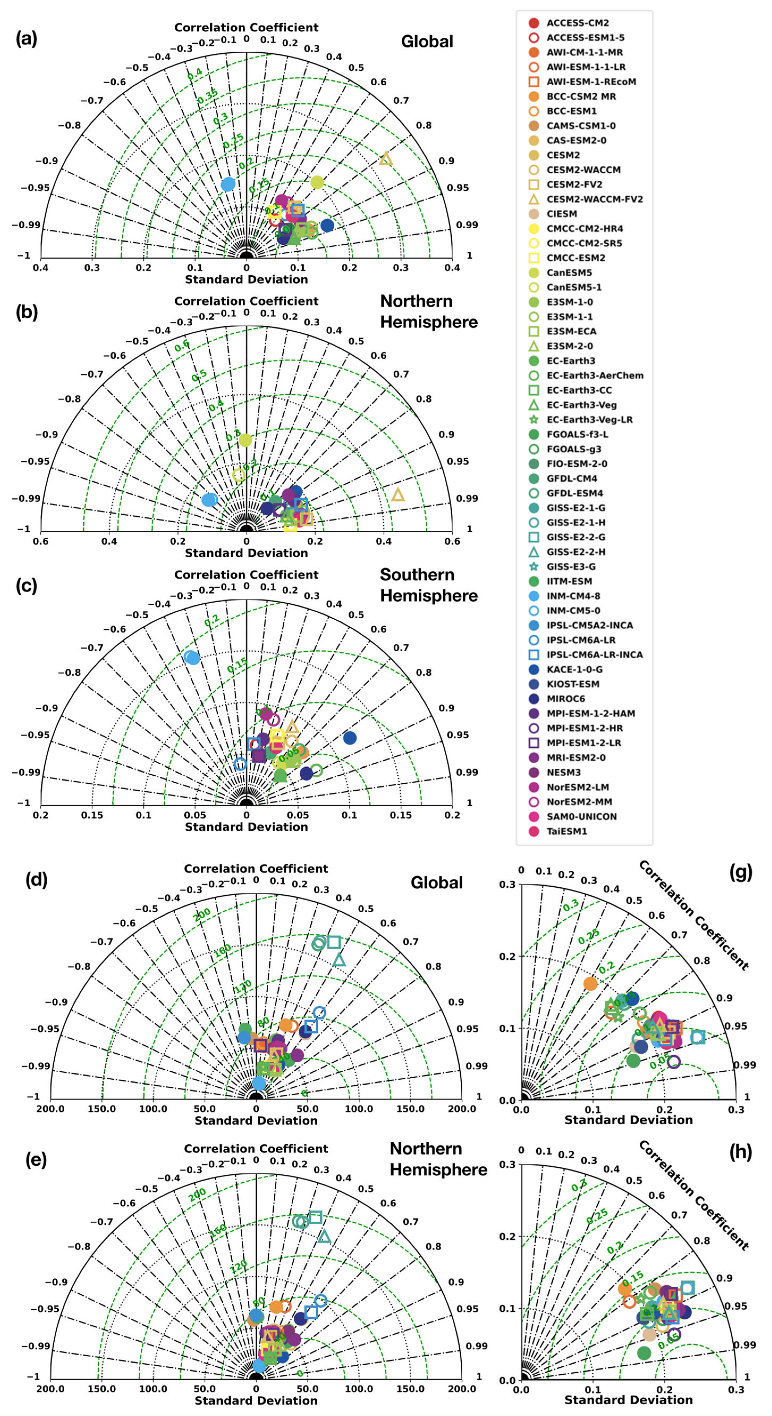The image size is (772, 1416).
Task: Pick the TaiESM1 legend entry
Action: click(x=566, y=831)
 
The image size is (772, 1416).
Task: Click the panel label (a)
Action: click(x=26, y=39)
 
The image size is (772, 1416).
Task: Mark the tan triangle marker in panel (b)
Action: click(x=398, y=495)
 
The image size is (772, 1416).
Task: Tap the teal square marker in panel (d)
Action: click(x=333, y=942)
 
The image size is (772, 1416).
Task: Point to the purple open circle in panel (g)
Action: click(x=674, y=1062)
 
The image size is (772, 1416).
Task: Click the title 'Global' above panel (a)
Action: click(x=427, y=42)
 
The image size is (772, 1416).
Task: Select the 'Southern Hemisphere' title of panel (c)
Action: click(x=429, y=585)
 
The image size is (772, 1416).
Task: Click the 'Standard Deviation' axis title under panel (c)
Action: click(x=246, y=827)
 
